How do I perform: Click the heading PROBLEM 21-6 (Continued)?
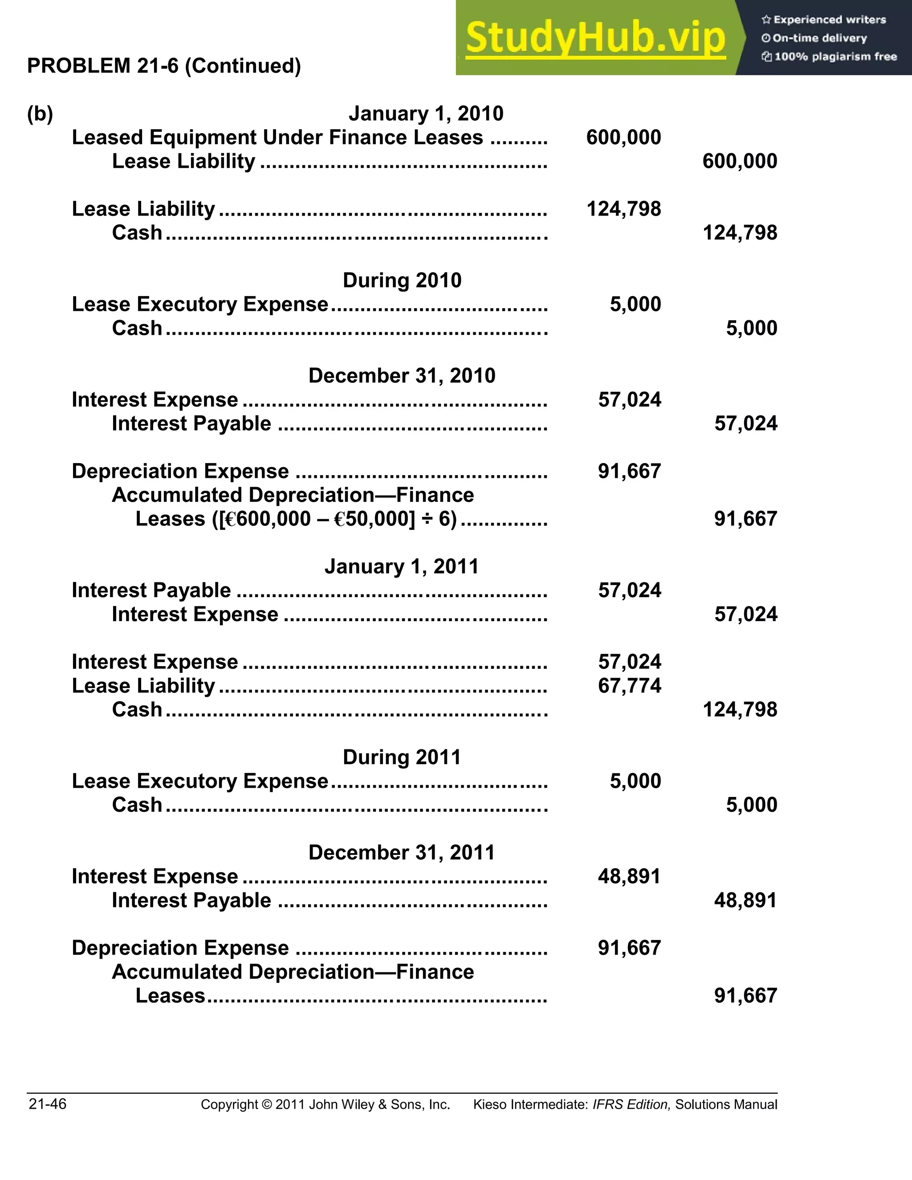coord(164,66)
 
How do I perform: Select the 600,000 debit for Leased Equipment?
coord(623,137)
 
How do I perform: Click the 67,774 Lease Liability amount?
coord(629,686)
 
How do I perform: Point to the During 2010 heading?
coord(402,281)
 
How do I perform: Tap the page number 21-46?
coord(48,1104)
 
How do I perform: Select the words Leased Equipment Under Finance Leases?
coord(277,138)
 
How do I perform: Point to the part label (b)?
coord(40,114)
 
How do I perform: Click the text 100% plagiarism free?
coord(835,57)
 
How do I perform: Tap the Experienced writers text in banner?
coord(829,20)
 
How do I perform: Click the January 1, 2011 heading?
coord(401,567)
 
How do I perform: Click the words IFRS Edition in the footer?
coord(631,1105)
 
